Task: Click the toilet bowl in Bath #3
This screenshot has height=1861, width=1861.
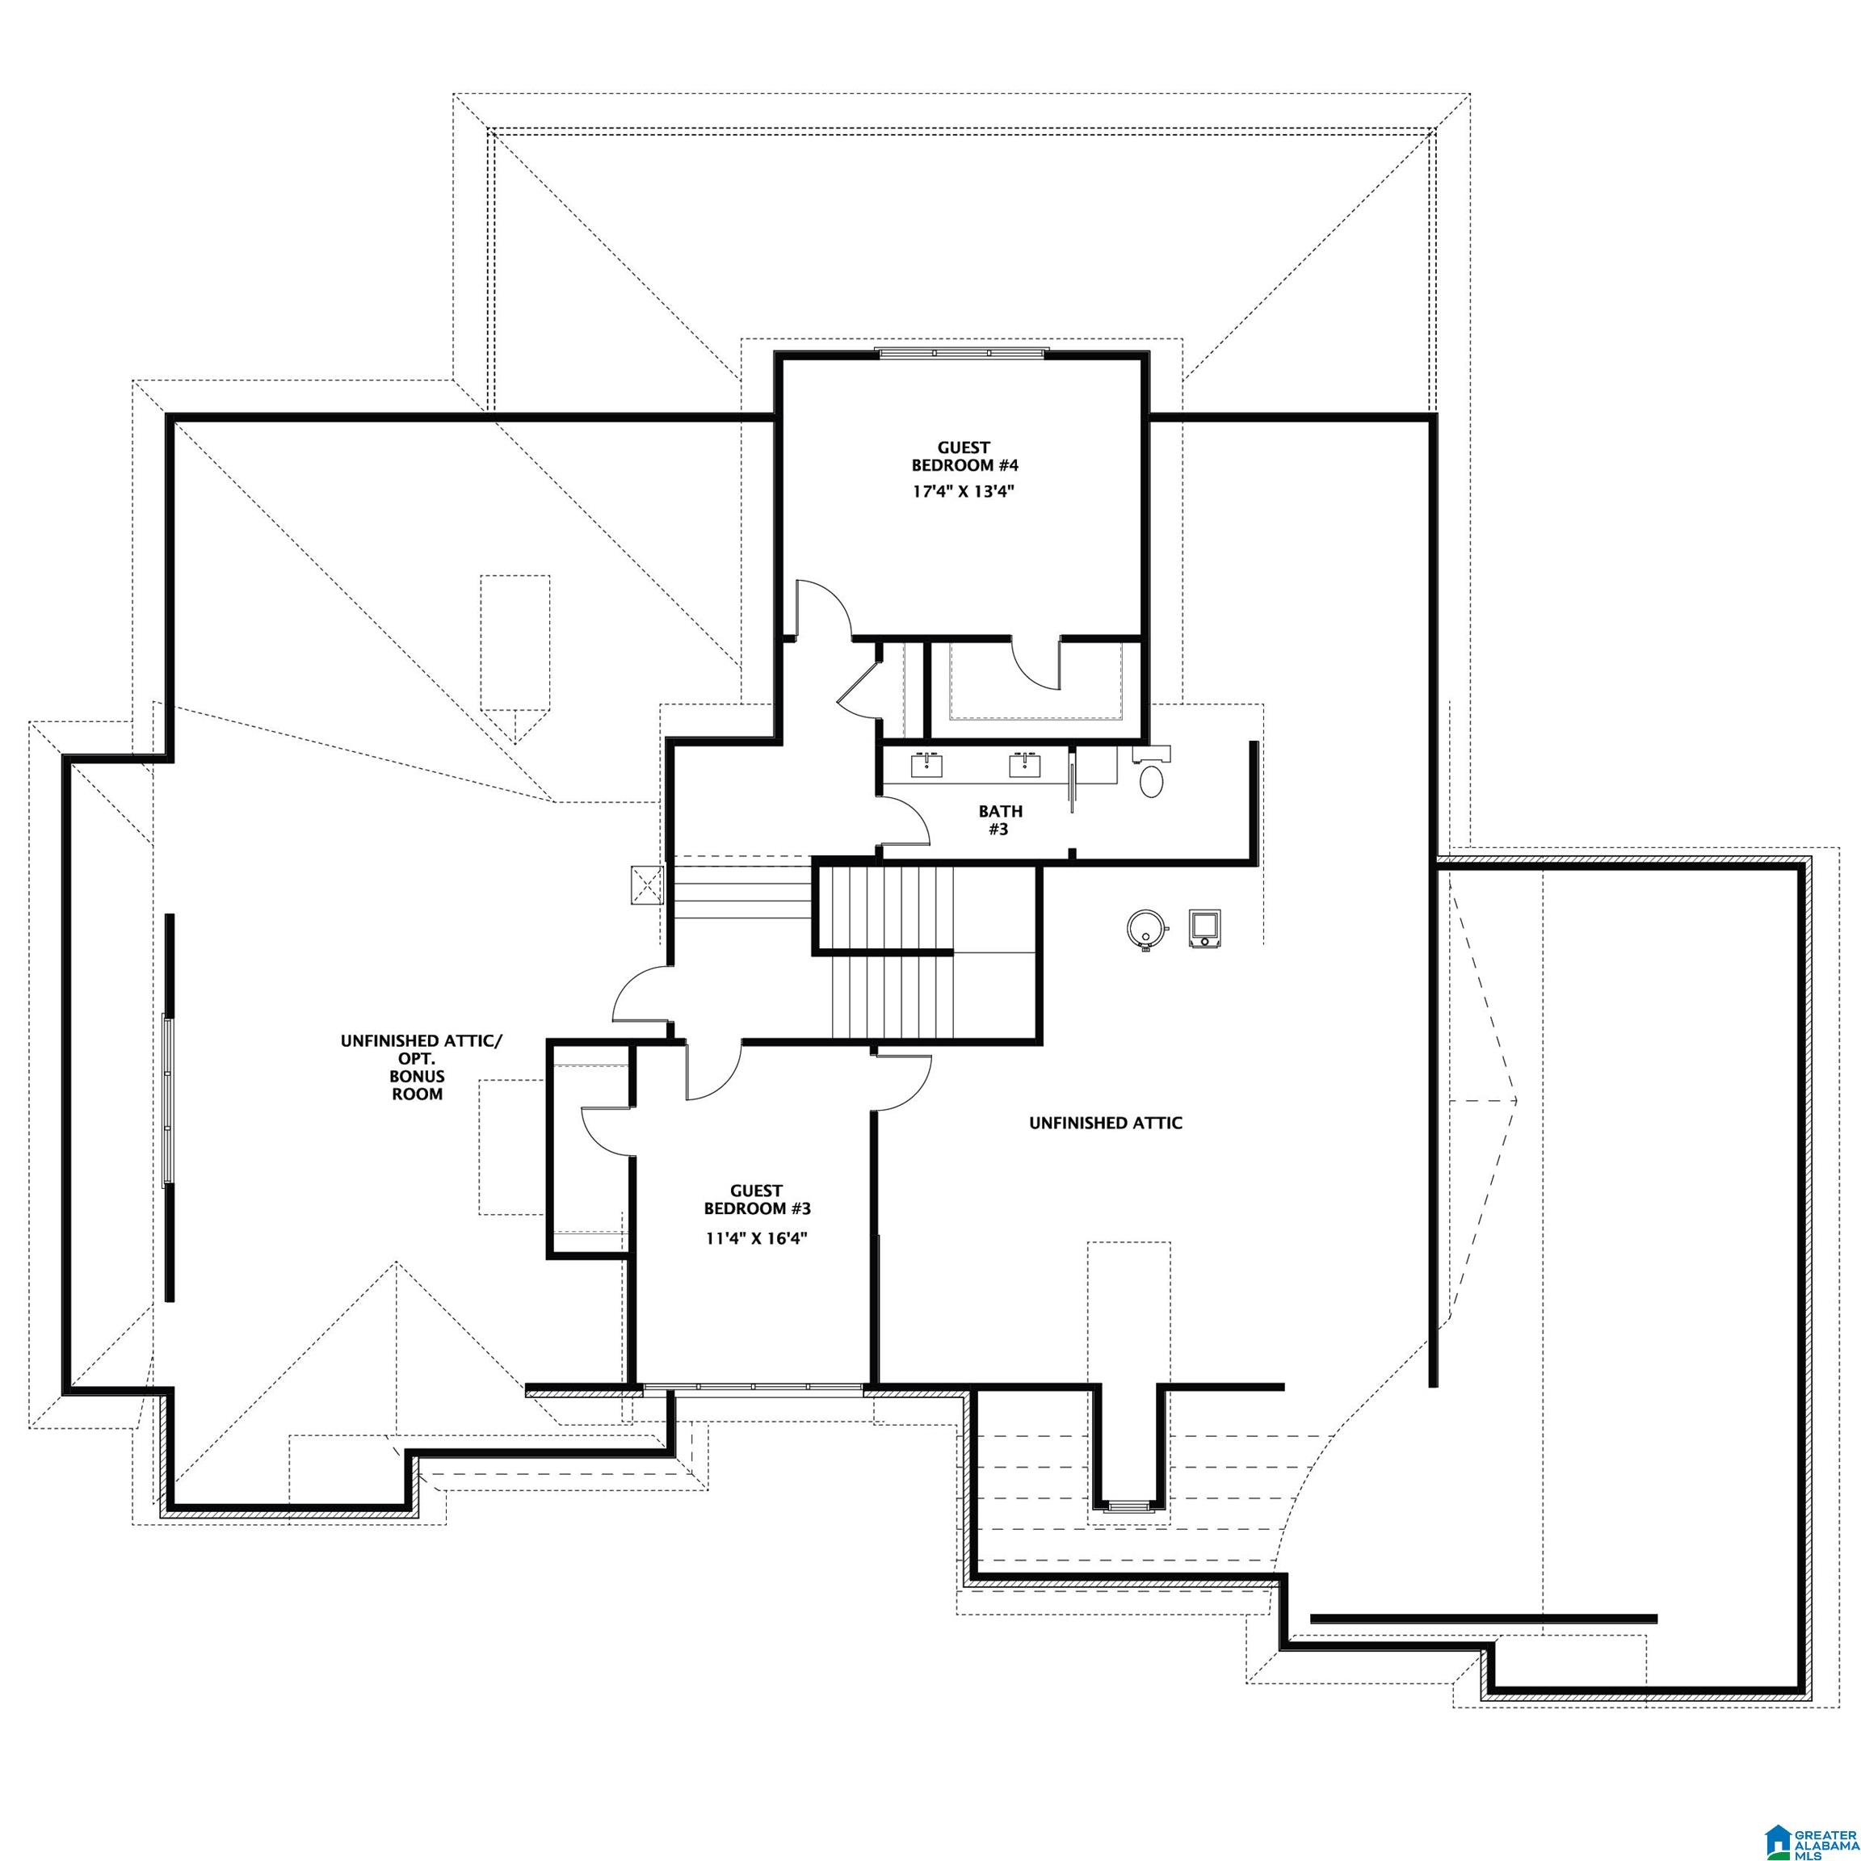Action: click(1151, 780)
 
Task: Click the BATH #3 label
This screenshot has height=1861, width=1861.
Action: click(1000, 820)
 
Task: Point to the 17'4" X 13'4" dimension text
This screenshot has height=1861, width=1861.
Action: click(964, 491)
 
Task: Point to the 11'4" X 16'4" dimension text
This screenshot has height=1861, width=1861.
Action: click(755, 1239)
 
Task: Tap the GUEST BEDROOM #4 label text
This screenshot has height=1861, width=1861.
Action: click(964, 456)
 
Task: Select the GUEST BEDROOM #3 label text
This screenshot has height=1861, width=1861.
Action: click(756, 1199)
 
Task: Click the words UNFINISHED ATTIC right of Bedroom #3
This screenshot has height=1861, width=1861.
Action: click(1105, 1124)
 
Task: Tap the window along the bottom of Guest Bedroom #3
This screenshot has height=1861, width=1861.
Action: click(754, 1388)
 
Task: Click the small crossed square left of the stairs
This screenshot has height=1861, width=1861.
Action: click(646, 885)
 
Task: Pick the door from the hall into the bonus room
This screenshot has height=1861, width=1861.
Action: click(641, 997)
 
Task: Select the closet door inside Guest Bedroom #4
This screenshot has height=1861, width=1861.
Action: click(1036, 665)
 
